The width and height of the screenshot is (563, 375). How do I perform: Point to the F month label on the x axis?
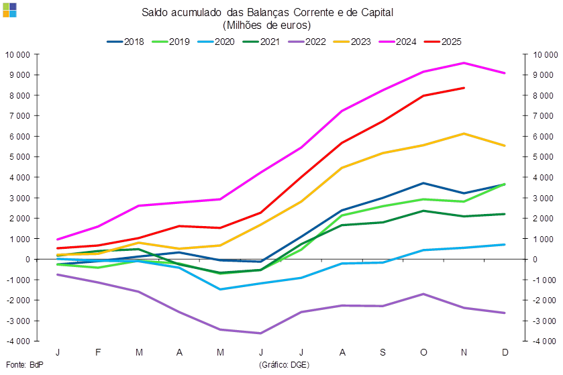pos(98,352)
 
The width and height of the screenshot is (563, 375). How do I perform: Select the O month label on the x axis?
pos(423,352)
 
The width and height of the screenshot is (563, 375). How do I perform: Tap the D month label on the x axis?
pos(505,352)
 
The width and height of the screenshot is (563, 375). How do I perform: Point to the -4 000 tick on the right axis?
pos(542,341)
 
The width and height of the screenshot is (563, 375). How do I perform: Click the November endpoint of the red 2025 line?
pos(464,87)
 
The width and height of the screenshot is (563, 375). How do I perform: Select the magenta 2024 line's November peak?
pos(464,62)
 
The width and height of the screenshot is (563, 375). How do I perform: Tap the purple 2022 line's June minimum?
pos(261,333)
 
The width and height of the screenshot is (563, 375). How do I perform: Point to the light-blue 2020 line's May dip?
pos(220,289)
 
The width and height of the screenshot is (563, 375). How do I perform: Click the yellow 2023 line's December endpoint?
pos(505,146)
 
